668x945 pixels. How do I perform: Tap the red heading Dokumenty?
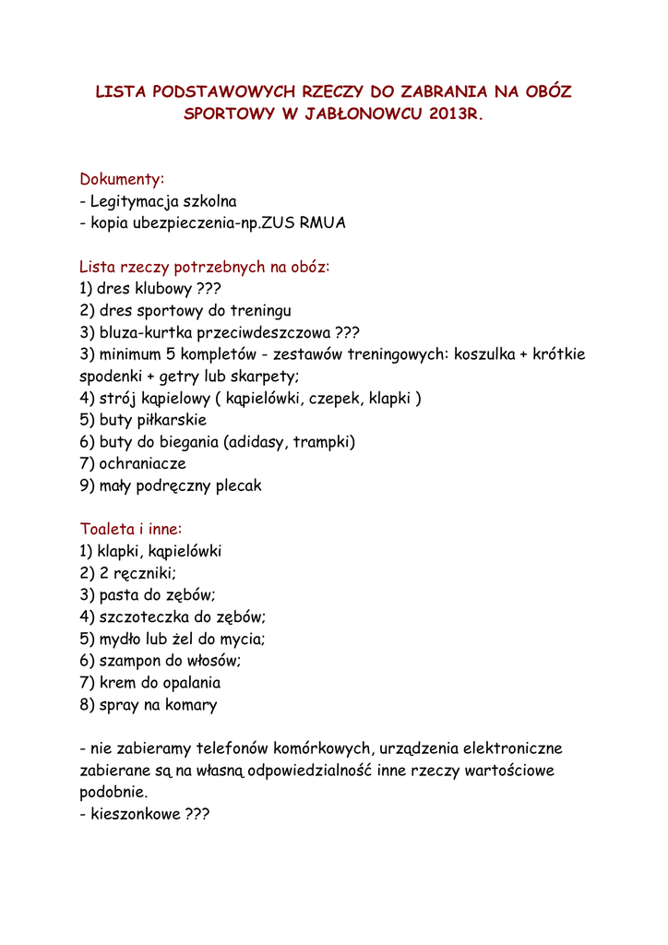(122, 178)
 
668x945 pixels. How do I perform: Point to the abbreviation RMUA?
(323, 223)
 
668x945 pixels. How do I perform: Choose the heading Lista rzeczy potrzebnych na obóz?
(204, 268)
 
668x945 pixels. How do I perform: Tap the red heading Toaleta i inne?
(131, 530)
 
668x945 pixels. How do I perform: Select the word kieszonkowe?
(135, 815)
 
